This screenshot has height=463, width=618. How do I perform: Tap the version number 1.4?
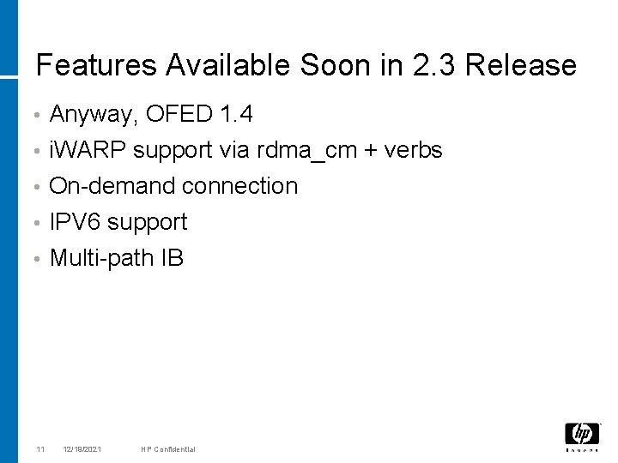tap(236, 113)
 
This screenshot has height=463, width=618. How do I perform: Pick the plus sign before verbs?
tap(369, 151)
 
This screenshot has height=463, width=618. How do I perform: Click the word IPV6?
tap(76, 222)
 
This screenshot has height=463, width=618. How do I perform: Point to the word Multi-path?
tap(102, 258)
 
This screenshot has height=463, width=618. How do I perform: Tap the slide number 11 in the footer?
tap(40, 449)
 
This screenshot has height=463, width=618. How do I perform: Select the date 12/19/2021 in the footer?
tap(82, 449)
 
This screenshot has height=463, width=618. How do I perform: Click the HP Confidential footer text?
tap(169, 449)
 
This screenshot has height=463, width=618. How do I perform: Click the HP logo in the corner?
tap(582, 435)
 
